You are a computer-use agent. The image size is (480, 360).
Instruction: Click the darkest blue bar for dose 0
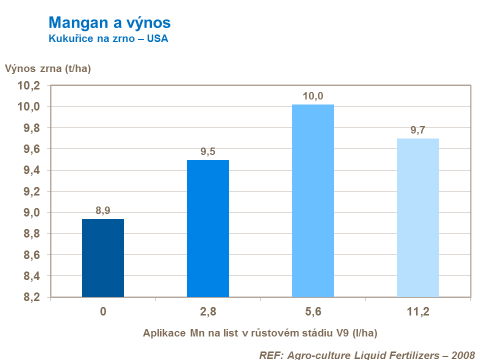click(103, 258)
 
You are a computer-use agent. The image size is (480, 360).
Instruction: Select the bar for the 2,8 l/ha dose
click(208, 228)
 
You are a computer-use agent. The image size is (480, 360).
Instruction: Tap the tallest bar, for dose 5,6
click(313, 200)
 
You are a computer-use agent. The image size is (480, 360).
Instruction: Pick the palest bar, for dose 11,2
click(418, 217)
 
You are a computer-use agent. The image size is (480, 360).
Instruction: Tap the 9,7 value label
click(418, 130)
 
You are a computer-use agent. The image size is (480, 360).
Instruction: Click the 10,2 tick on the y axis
click(28, 86)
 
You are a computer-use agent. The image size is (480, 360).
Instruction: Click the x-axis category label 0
click(103, 312)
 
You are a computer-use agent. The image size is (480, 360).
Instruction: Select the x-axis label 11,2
click(418, 312)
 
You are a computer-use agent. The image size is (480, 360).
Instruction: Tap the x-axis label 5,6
click(313, 312)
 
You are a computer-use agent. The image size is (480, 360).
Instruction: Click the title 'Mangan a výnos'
click(109, 22)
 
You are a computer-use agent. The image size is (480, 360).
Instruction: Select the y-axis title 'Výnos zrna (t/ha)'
click(48, 69)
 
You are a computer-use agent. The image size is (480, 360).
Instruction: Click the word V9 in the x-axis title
click(334, 332)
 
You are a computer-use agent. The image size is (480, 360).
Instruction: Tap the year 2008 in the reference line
click(462, 354)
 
